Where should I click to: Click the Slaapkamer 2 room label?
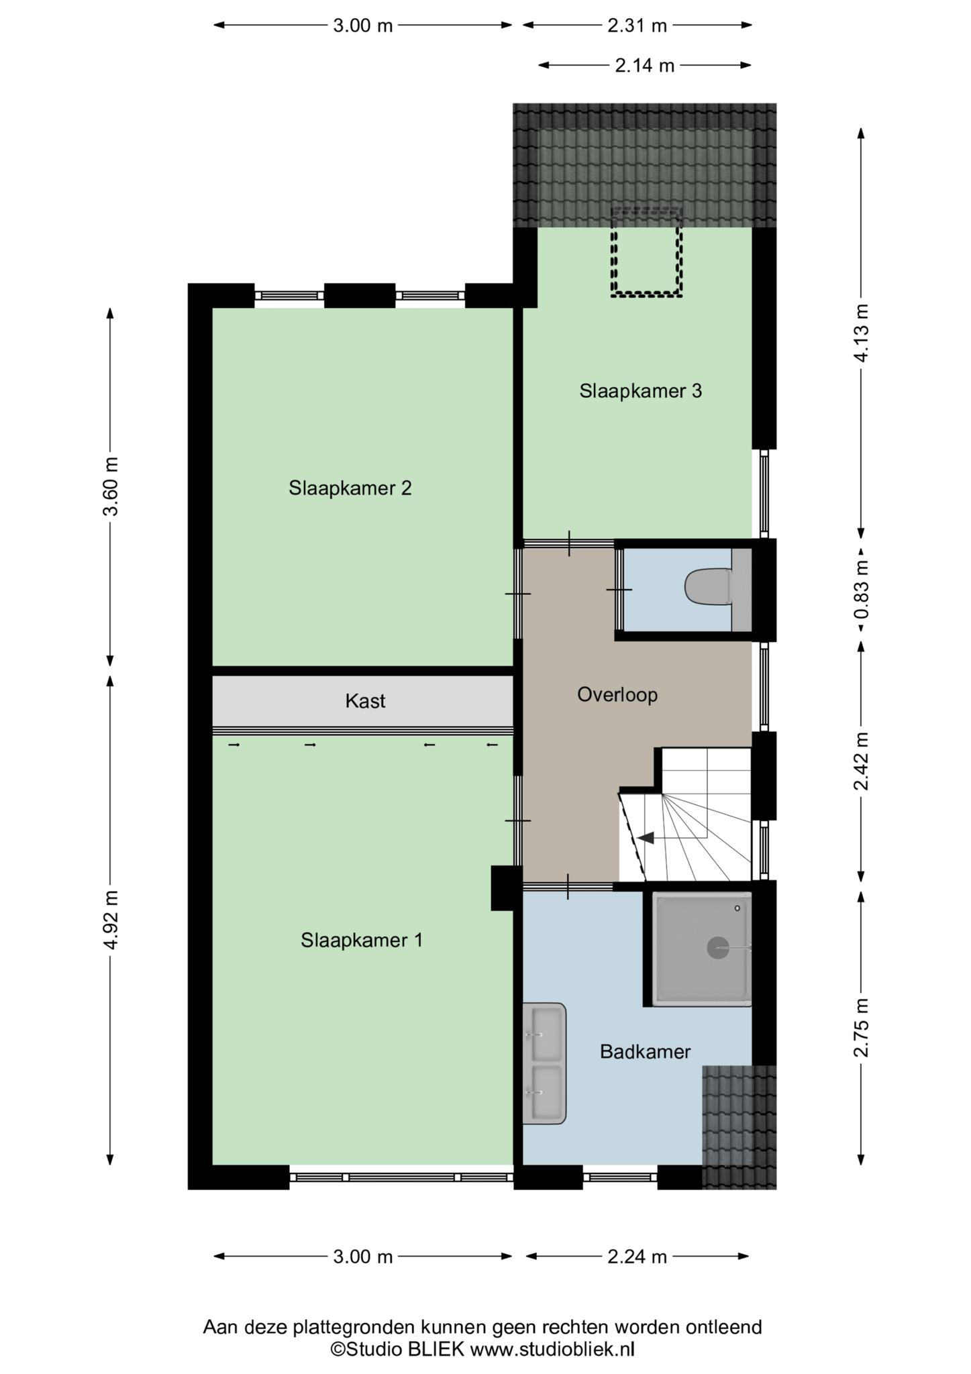pyautogui.click(x=350, y=488)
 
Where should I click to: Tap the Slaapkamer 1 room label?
pyautogui.click(x=362, y=940)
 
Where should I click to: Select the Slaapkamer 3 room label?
pyautogui.click(x=641, y=390)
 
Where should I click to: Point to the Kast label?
pyautogui.click(x=365, y=701)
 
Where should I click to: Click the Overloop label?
pyautogui.click(x=617, y=694)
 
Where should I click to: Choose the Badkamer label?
pyautogui.click(x=645, y=1051)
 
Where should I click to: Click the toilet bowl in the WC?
pyautogui.click(x=708, y=587)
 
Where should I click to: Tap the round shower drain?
pyautogui.click(x=718, y=947)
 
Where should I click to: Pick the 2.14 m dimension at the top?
pyautogui.click(x=644, y=65)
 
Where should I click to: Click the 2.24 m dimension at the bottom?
pyautogui.click(x=637, y=1257)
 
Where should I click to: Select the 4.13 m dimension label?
pyautogui.click(x=861, y=333)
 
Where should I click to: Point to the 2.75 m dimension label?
pyautogui.click(x=861, y=1027)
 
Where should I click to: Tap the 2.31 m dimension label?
pyautogui.click(x=637, y=25)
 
